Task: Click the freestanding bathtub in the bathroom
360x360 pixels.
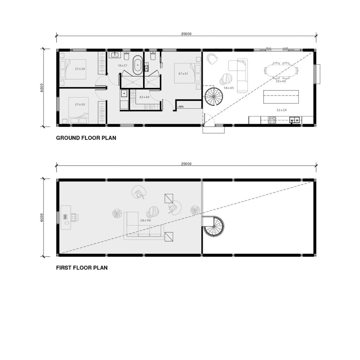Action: [x=137, y=64]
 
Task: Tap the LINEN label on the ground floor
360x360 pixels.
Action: [x=181, y=106]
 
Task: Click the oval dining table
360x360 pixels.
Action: [x=281, y=70]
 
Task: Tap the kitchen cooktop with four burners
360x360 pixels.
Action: [x=272, y=120]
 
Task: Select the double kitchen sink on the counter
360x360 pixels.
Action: [x=295, y=120]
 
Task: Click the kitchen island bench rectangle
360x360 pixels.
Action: [x=281, y=97]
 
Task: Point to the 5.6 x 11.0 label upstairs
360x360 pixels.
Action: [x=146, y=220]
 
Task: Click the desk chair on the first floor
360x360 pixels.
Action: [x=75, y=218]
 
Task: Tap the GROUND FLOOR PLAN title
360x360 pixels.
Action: [x=86, y=138]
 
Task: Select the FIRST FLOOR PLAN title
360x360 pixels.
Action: [x=82, y=268]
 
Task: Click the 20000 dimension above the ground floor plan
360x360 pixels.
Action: [x=186, y=34]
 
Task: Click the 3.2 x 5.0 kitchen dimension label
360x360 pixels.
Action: [x=282, y=110]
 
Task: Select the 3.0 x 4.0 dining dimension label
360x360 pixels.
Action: [x=281, y=81]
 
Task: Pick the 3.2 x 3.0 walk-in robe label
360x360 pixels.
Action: [x=144, y=97]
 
